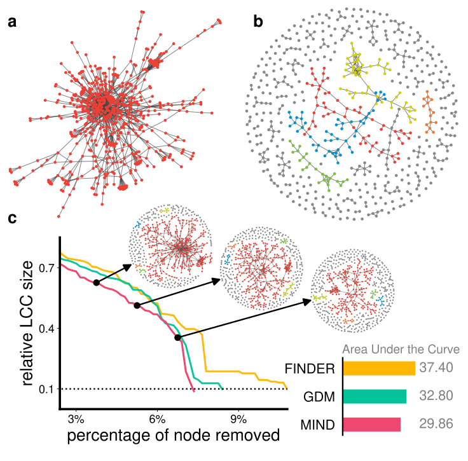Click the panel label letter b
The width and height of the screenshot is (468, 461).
tap(258, 22)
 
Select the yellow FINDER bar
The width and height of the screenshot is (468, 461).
tap(378, 368)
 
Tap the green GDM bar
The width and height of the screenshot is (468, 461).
tap(374, 396)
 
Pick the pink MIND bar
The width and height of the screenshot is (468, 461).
tap(371, 424)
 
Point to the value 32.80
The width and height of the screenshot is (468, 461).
tap(436, 396)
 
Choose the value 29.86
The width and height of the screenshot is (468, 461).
tap(436, 424)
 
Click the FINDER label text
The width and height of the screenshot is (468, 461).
tap(310, 368)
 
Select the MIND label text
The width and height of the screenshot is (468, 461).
tap(318, 424)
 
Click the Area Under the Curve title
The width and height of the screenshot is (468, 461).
tap(401, 349)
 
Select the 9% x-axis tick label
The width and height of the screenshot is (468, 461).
tap(239, 419)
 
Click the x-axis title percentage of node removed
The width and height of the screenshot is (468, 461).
tap(172, 437)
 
